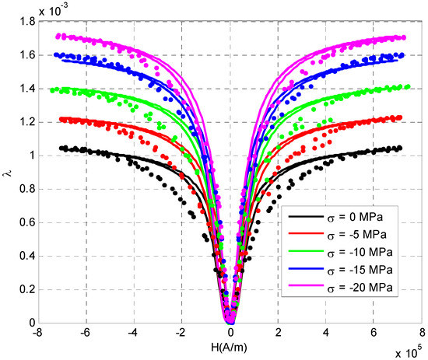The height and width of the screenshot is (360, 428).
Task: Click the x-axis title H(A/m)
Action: click(x=230, y=346)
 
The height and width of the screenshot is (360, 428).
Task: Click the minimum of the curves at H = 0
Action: click(x=230, y=320)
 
